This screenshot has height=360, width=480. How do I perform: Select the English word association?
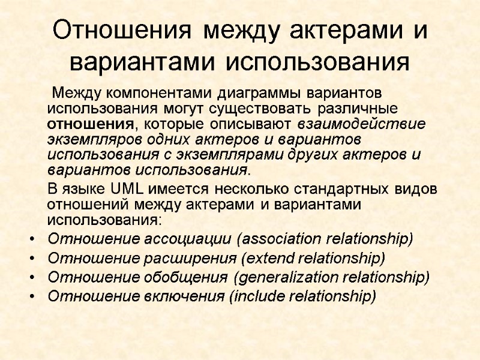point(278,239)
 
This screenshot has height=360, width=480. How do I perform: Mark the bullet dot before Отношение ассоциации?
point(30,240)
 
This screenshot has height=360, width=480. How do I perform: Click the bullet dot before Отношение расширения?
point(30,259)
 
